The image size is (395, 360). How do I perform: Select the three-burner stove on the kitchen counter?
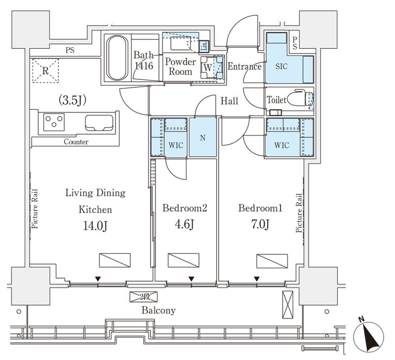[x=54, y=122]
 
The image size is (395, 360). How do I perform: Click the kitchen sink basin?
[x=99, y=123]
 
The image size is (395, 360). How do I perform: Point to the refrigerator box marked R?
[x=45, y=71]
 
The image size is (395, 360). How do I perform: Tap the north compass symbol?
[x=368, y=336]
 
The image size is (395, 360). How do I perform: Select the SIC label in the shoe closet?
[x=281, y=67]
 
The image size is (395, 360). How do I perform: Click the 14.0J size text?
[x=95, y=226]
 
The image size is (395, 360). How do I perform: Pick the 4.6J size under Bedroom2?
[x=184, y=224]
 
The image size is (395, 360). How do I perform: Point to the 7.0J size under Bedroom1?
[x=260, y=224]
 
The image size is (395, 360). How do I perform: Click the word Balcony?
[x=158, y=310]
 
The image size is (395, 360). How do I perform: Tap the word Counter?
[x=76, y=142]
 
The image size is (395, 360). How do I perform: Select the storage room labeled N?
[x=203, y=137]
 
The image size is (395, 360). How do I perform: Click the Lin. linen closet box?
[x=204, y=46]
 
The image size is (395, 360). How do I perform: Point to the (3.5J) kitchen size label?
[x=73, y=100]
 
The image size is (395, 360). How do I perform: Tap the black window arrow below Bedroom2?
[x=192, y=279]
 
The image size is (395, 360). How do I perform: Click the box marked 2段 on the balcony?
[x=144, y=297]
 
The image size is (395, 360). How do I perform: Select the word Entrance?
[x=244, y=67]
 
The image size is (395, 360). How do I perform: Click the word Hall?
[x=229, y=101]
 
